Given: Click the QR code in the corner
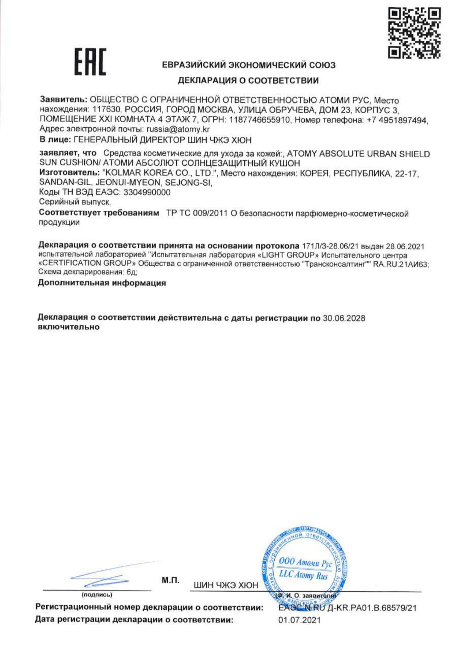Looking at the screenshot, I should (415, 33).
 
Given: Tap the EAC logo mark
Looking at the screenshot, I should (90, 62).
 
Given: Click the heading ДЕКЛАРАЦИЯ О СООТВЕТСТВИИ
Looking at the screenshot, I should (248, 81).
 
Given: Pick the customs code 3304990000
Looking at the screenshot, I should (147, 193).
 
